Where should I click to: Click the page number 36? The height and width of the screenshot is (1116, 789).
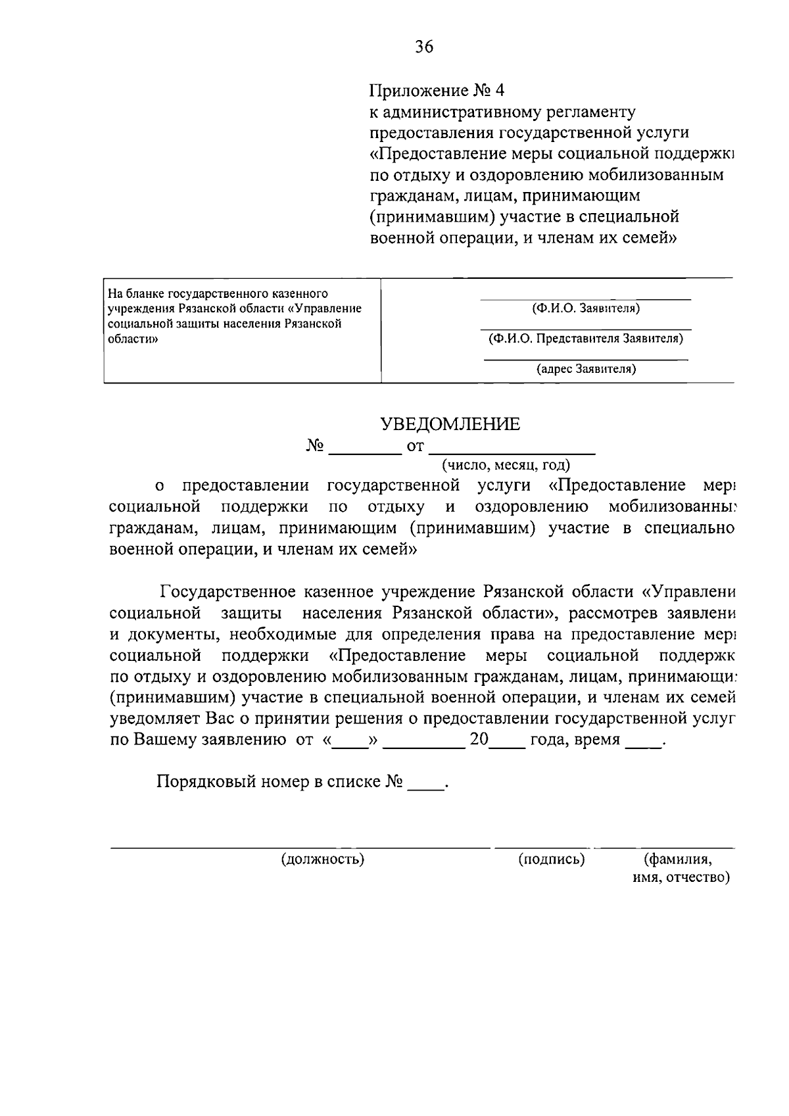(x=424, y=46)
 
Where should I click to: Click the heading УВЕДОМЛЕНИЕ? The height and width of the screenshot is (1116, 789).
(x=450, y=424)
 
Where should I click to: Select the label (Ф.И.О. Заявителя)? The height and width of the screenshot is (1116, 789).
(x=585, y=308)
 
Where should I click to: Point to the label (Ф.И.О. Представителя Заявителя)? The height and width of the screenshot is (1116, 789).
(x=585, y=339)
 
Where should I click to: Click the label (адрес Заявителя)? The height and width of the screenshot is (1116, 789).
(x=586, y=369)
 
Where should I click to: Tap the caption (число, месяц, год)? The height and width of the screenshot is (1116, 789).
(x=505, y=466)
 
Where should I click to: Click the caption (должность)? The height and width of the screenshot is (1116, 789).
(x=322, y=859)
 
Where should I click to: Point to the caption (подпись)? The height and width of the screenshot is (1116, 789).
(x=551, y=859)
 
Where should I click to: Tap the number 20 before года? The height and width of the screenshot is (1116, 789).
(x=479, y=739)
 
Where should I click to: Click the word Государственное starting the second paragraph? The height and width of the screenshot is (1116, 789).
(x=227, y=592)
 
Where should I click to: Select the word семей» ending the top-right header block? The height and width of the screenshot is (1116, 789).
(x=649, y=237)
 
